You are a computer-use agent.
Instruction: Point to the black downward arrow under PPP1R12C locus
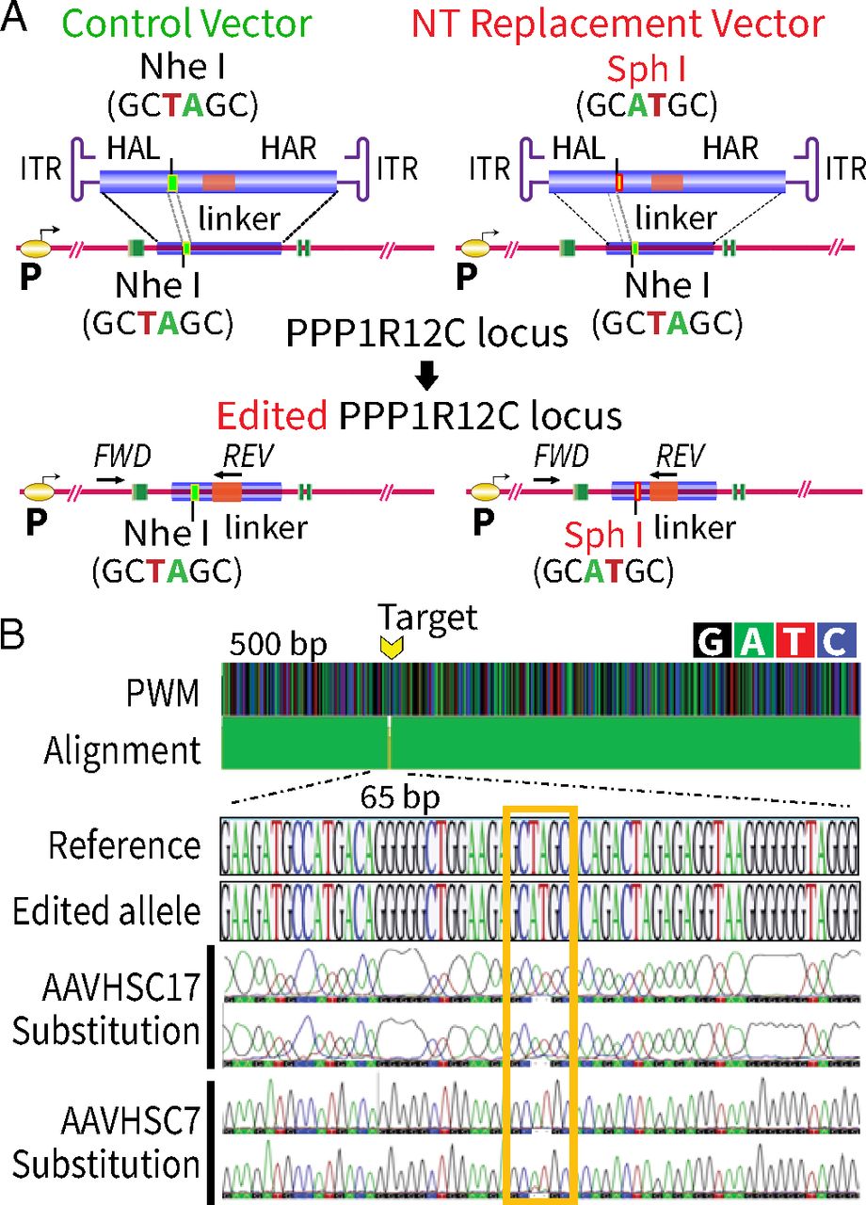[427, 377]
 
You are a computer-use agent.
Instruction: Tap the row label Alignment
[122, 751]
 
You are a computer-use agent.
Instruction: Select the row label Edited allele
[110, 911]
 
